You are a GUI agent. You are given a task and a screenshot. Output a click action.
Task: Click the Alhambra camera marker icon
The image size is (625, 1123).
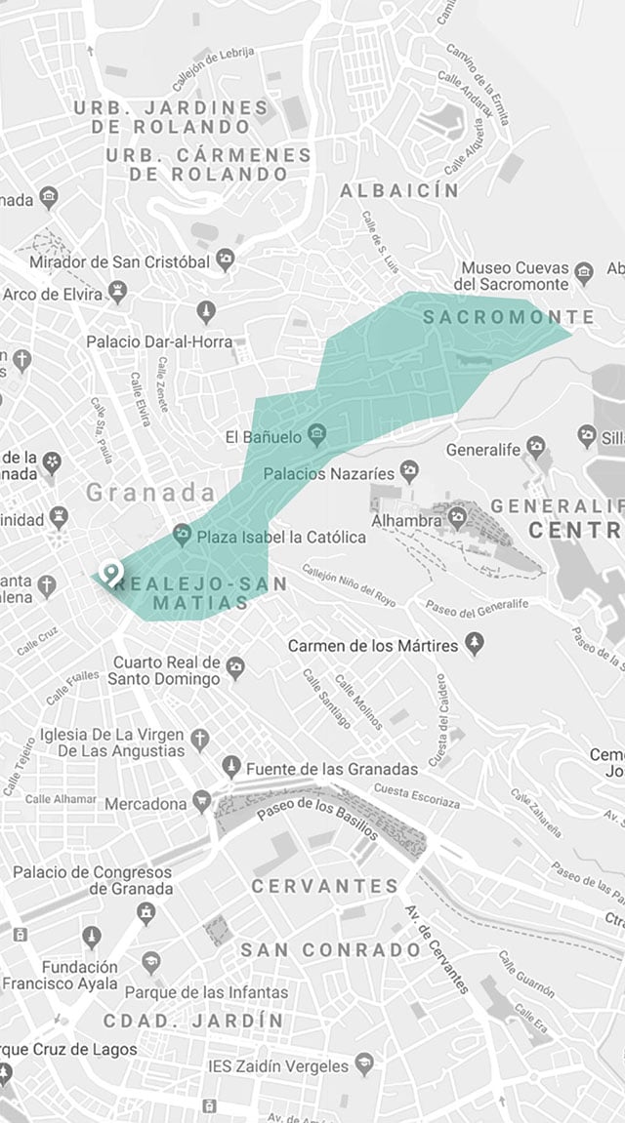[x=458, y=517]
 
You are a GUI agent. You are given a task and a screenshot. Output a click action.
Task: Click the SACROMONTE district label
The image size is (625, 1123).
[x=508, y=317]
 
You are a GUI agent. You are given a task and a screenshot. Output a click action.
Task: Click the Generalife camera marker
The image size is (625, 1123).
[x=534, y=448]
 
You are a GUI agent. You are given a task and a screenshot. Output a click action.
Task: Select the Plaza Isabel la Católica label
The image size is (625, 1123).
[x=281, y=536]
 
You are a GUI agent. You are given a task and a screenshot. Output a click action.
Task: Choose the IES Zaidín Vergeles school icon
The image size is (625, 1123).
[x=364, y=1063]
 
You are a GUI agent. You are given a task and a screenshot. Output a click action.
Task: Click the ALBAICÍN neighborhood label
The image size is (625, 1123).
[x=398, y=191]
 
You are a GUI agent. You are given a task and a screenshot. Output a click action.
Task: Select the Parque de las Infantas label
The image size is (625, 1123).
[x=207, y=992]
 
